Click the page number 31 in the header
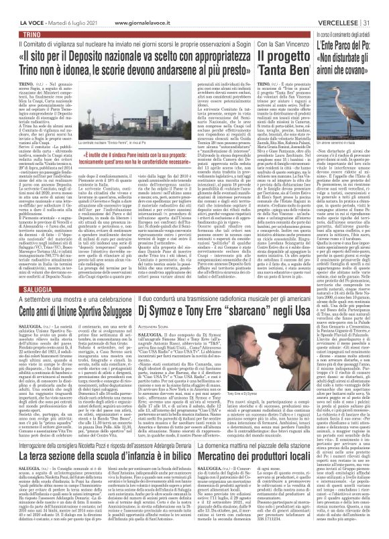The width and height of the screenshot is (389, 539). point(381,5)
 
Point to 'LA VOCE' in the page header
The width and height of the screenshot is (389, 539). point(15,5)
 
